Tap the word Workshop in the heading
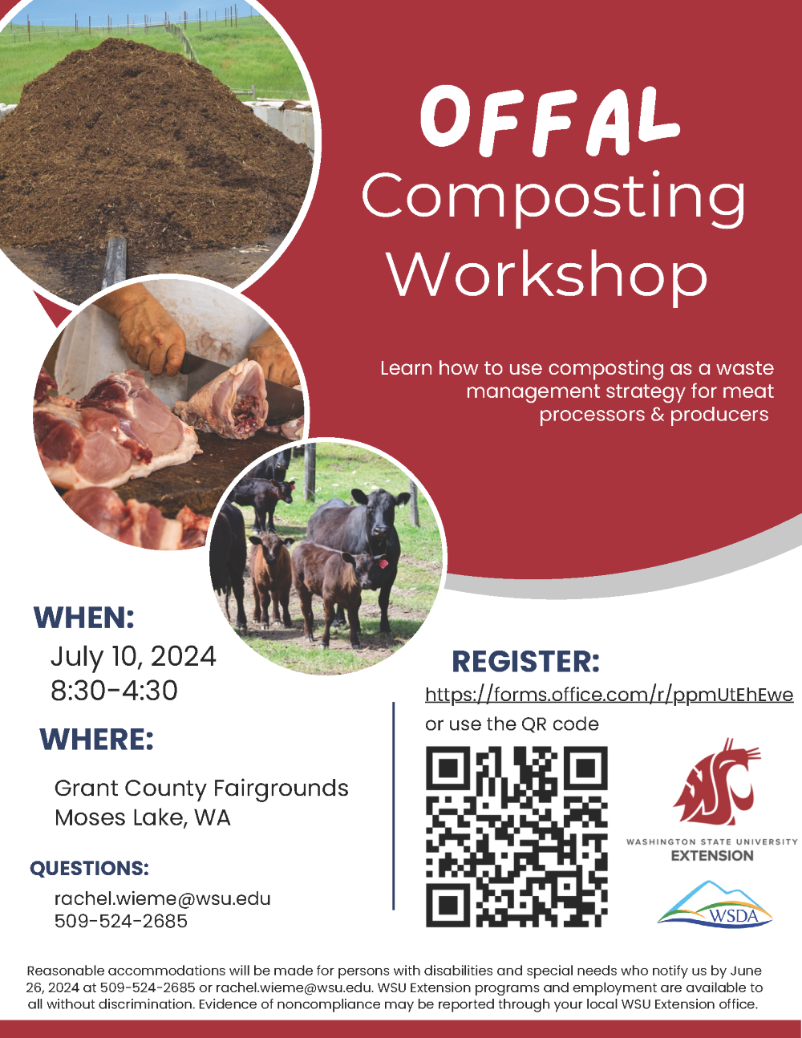click(548, 274)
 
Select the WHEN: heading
click(84, 618)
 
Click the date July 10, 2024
click(133, 656)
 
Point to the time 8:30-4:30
click(114, 690)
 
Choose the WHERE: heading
click(96, 740)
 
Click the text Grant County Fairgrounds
click(201, 788)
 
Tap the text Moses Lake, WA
click(142, 817)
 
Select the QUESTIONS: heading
click(89, 868)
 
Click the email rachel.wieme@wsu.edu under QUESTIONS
click(162, 898)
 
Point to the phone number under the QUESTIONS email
click(120, 921)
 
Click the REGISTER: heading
click(525, 662)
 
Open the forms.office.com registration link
click(609, 695)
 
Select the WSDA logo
click(714, 905)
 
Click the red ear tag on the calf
click(383, 564)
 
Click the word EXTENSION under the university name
click(712, 856)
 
